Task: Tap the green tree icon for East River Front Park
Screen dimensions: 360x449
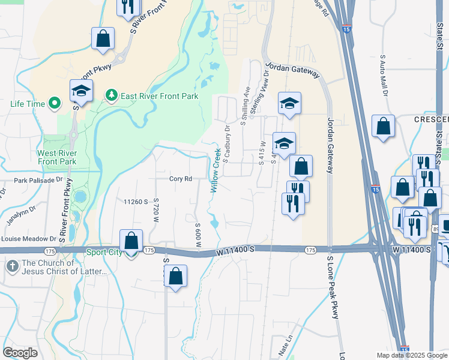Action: point(110,95)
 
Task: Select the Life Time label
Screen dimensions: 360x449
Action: point(28,104)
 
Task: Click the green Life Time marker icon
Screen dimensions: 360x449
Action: point(55,104)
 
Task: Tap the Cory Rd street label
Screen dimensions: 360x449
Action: point(180,179)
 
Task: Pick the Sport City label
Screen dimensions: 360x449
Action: point(104,253)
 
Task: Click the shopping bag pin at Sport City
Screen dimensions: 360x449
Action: point(131,241)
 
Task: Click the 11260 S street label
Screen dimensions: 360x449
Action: point(136,202)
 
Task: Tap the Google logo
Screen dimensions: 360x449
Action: point(20,352)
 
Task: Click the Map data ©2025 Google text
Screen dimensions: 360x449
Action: point(411,355)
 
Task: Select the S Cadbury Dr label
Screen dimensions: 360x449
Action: point(227,144)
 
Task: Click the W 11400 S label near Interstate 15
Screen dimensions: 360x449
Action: point(413,248)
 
